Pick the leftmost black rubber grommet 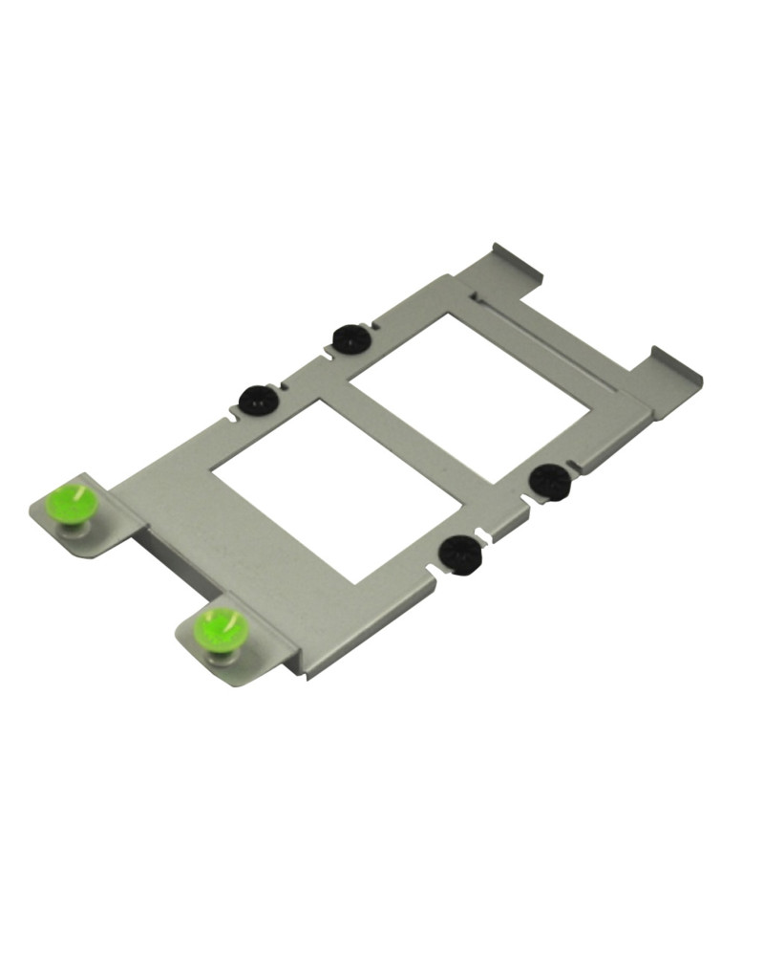click(257, 400)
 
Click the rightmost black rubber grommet click(549, 481)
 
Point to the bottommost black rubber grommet click(460, 554)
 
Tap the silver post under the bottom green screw click(221, 656)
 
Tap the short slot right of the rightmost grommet click(573, 467)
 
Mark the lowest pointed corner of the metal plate click(307, 676)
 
